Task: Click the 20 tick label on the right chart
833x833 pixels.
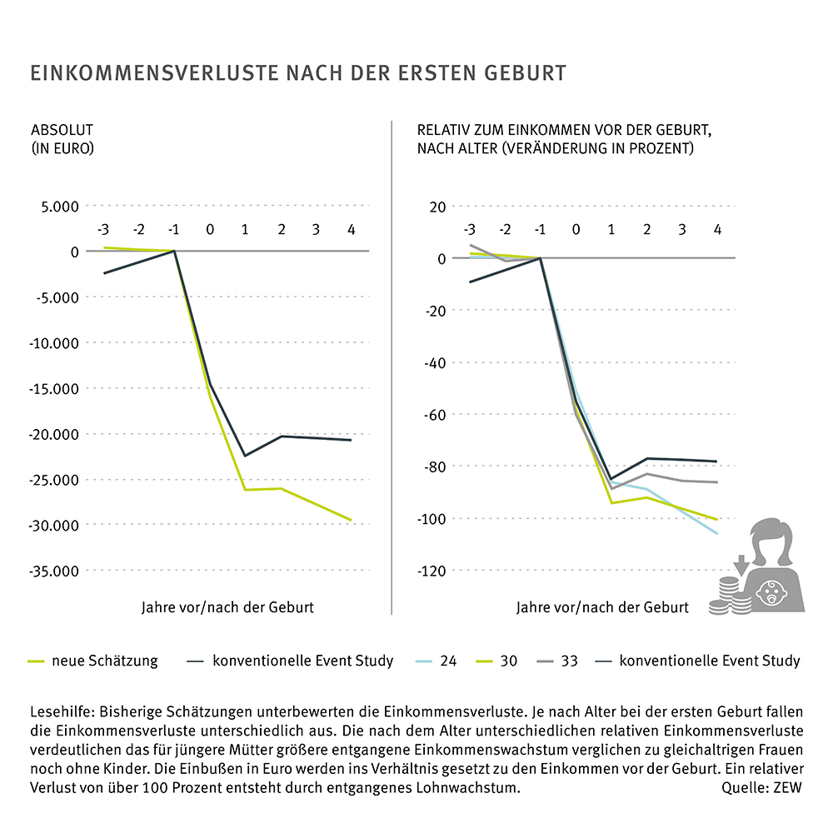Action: pos(438,207)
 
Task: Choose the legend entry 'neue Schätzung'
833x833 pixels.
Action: pos(104,661)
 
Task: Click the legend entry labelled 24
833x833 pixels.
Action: pos(448,661)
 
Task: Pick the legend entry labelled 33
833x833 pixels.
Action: pos(569,661)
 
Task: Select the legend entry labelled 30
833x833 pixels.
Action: pos(508,661)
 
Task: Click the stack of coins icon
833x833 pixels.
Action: pos(726,597)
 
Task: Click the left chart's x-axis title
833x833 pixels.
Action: pos(227,607)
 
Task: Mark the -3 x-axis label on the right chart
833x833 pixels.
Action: pos(469,229)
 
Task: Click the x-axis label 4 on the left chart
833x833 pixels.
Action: pos(351,229)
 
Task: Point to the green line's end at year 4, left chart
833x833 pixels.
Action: pos(351,520)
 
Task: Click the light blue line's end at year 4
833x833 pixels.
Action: pos(717,533)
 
